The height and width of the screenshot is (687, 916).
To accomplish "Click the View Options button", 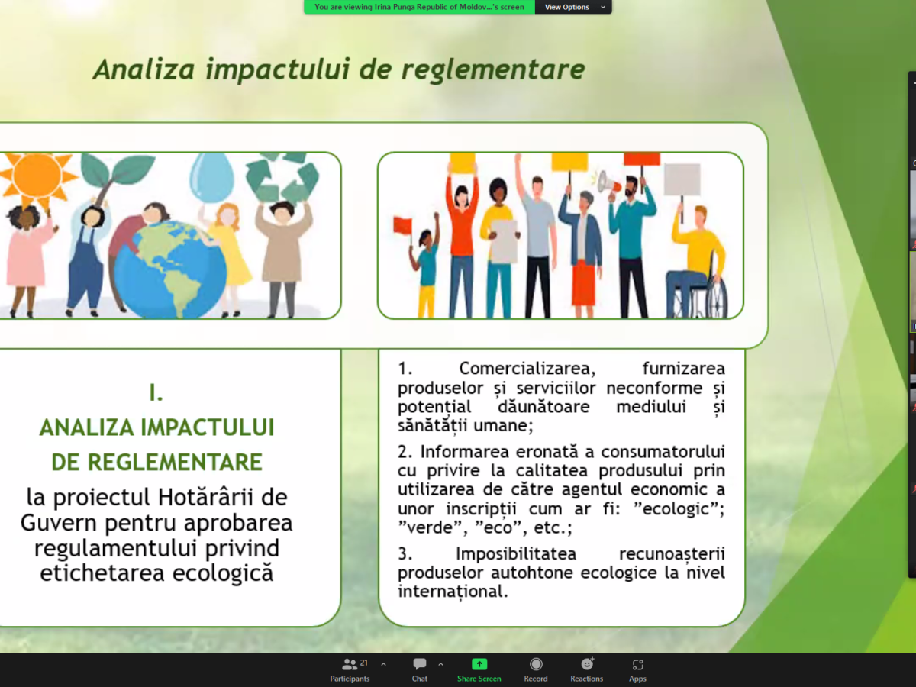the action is pos(573,7).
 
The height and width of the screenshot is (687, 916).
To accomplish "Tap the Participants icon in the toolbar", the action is pos(350,663).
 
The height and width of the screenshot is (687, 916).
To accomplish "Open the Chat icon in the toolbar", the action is pos(419,663).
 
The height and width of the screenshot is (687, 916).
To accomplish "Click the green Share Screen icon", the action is pos(479,663).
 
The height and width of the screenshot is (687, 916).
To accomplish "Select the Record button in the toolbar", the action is pos(536,663).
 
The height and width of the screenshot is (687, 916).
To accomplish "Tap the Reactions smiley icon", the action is pos(587,663).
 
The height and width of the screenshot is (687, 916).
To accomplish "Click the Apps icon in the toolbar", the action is pos(637,664).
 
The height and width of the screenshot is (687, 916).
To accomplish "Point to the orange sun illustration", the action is pos(37,176).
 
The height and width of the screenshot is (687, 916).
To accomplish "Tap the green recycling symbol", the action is pos(282,177).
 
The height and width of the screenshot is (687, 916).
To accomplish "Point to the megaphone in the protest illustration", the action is pos(608,185).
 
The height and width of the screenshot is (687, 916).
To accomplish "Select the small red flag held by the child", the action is pos(402,225).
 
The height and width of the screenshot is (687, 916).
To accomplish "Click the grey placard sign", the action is pos(682,179).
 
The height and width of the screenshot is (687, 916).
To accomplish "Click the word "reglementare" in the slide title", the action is pos(493,69).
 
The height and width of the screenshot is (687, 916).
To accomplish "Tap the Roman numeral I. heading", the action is pos(156,392).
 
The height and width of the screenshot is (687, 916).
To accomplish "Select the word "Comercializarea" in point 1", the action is pos(527,369).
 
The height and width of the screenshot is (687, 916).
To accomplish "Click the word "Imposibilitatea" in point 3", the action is pos(516,554).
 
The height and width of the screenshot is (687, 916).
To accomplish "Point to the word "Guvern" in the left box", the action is pos(59,523).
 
